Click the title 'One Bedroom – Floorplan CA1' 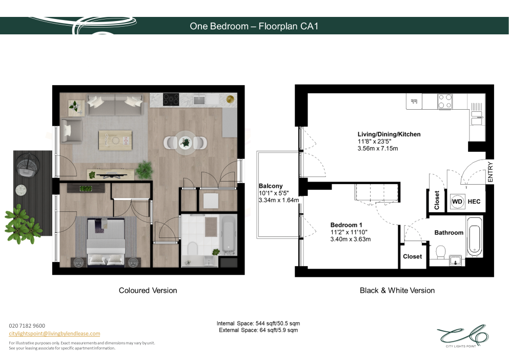[254, 26]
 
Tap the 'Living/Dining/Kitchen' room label [389, 134]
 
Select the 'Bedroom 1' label [346, 225]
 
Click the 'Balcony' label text [271, 186]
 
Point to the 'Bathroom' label [449, 233]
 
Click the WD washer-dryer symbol [457, 202]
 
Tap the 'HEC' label [474, 202]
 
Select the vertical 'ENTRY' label [490, 172]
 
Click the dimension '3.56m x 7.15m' [378, 149]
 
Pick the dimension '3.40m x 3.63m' [350, 239]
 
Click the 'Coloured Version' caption [148, 290]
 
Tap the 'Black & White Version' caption [397, 290]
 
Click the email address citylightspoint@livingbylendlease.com [54, 333]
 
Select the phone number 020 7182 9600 [27, 326]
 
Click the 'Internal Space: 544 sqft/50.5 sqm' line [258, 323]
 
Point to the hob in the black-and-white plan [445, 101]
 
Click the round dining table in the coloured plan [186, 143]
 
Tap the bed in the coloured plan [106, 241]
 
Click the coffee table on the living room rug [115, 141]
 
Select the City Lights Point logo [462, 336]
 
